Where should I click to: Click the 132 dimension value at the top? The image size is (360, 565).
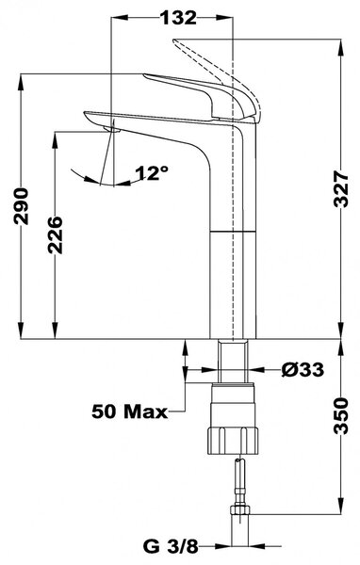click(179, 18)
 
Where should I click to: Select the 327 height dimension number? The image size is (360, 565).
click(341, 189)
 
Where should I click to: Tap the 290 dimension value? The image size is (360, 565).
click(21, 205)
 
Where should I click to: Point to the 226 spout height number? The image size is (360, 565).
click(56, 234)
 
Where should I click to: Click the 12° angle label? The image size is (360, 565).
click(152, 173)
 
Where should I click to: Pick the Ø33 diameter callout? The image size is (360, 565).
click(303, 369)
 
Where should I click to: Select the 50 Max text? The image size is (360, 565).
click(129, 412)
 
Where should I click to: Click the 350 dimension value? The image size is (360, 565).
click(341, 415)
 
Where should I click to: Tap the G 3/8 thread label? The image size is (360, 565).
click(171, 546)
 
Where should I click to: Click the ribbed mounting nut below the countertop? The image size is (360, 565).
click(233, 440)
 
